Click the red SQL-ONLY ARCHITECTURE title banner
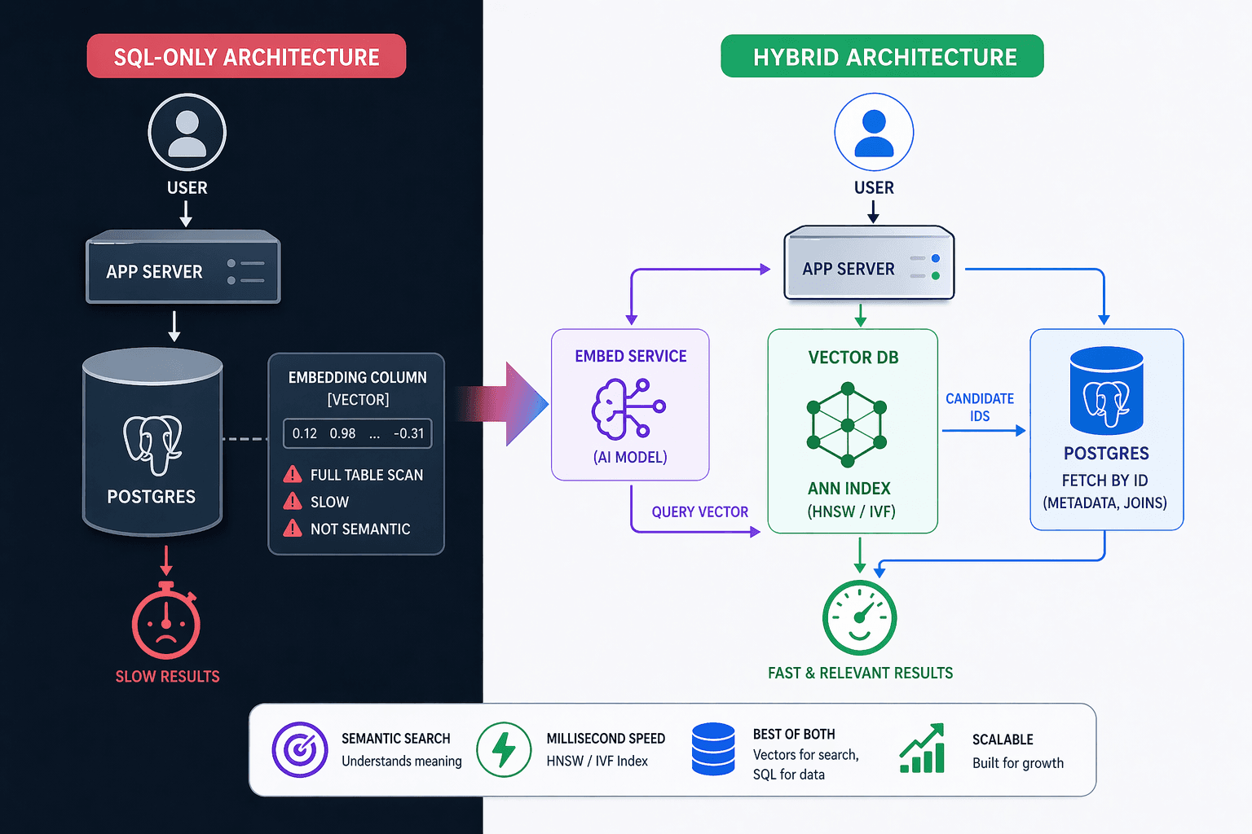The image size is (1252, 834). coord(246,56)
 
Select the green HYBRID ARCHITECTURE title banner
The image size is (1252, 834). coord(882,56)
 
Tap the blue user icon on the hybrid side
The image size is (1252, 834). coord(874,133)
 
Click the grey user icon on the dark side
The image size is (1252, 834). coord(187,133)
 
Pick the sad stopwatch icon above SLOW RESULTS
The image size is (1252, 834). coord(166,622)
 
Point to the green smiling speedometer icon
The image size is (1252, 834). coord(859,618)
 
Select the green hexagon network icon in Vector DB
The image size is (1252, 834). coord(848,424)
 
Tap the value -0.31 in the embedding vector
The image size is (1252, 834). coord(408,433)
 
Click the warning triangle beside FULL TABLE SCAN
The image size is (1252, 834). coord(293,475)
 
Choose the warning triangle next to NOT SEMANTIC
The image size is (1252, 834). coord(293,529)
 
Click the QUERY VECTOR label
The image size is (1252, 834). coord(699,511)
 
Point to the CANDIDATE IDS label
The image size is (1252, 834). coord(980,407)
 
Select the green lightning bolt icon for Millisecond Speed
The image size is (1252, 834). coord(504,749)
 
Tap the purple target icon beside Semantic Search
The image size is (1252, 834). coord(300,749)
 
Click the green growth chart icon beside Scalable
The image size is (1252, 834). coord(922,748)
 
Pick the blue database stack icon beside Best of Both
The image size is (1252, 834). coord(712,749)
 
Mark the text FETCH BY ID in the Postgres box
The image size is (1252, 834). coord(1104,481)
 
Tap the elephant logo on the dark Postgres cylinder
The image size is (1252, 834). coord(152,445)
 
